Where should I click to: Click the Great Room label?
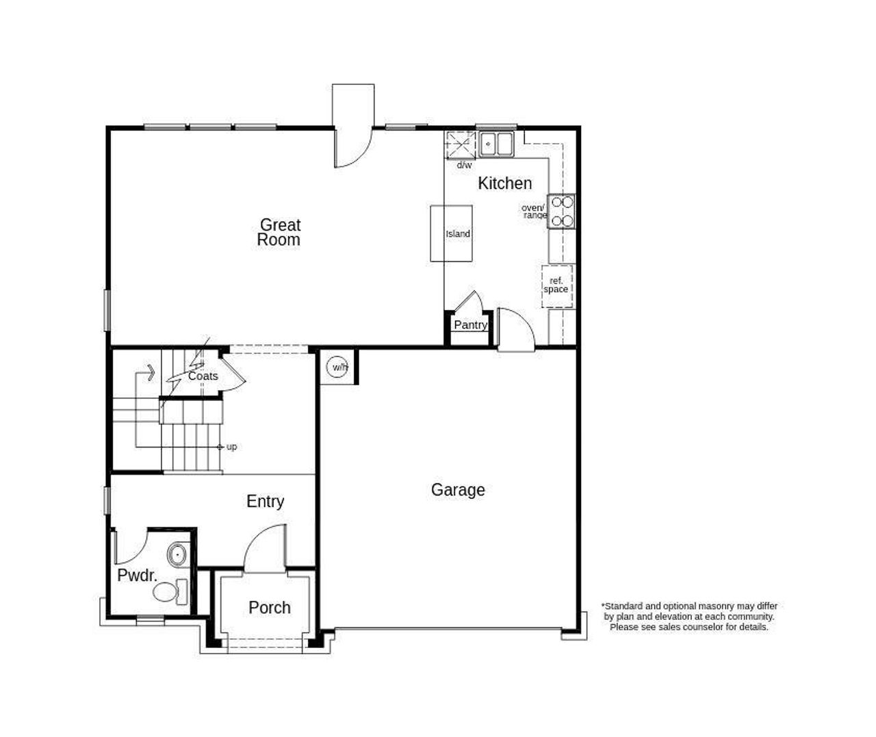[279, 232]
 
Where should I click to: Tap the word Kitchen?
[504, 183]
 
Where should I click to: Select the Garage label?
[458, 490]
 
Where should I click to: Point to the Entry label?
[265, 502]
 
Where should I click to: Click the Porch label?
[269, 608]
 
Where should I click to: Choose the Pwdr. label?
[137, 576]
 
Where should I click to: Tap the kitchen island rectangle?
[452, 233]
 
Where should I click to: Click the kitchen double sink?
[496, 144]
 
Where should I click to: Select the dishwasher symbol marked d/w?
[460, 146]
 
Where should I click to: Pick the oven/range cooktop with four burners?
[562, 211]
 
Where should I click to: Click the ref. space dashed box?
[556, 285]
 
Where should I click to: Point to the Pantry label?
[470, 325]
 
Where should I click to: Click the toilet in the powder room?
[171, 591]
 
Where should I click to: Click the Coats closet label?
[203, 376]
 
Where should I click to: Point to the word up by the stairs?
[232, 447]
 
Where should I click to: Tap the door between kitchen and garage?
[515, 331]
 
